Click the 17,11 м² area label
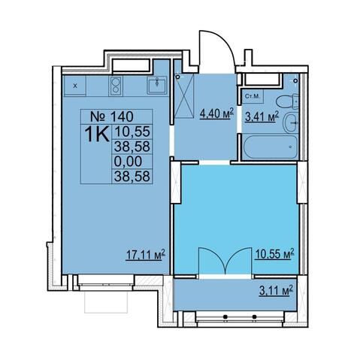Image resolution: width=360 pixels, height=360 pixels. [x=145, y=255]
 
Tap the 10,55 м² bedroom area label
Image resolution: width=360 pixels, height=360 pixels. [x=274, y=254]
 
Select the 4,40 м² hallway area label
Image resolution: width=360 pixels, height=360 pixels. [x=216, y=114]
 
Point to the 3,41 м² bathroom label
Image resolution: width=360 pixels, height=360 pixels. [x=262, y=116]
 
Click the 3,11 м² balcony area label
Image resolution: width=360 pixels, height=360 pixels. [x=276, y=291]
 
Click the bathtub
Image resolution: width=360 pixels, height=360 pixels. [x=270, y=147]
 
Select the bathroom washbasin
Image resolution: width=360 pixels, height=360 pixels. [x=291, y=123]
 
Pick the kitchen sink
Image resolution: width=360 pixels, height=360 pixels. [x=157, y=86]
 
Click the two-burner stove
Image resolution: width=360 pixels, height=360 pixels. [x=116, y=86]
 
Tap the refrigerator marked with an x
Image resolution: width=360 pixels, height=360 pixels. [x=75, y=86]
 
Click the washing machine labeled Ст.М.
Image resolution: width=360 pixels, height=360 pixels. [x=253, y=96]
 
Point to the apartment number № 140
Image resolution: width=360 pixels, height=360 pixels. [x=112, y=116]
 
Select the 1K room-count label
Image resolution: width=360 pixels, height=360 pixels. [x=97, y=134]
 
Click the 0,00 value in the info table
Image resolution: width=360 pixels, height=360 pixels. [x=128, y=161]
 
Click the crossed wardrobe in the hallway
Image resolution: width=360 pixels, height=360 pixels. [x=184, y=96]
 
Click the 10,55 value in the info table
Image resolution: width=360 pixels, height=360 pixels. [x=132, y=132]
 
